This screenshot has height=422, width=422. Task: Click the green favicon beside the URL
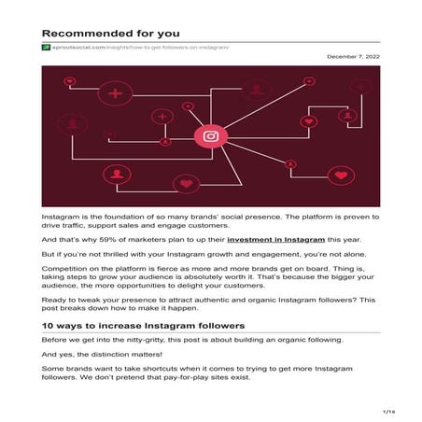pyautogui.click(x=45, y=47)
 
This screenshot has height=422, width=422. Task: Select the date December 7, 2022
pyautogui.click(x=354, y=58)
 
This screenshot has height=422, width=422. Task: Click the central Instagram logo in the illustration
pyautogui.click(x=211, y=136)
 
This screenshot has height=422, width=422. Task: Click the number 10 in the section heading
pyautogui.click(x=47, y=325)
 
